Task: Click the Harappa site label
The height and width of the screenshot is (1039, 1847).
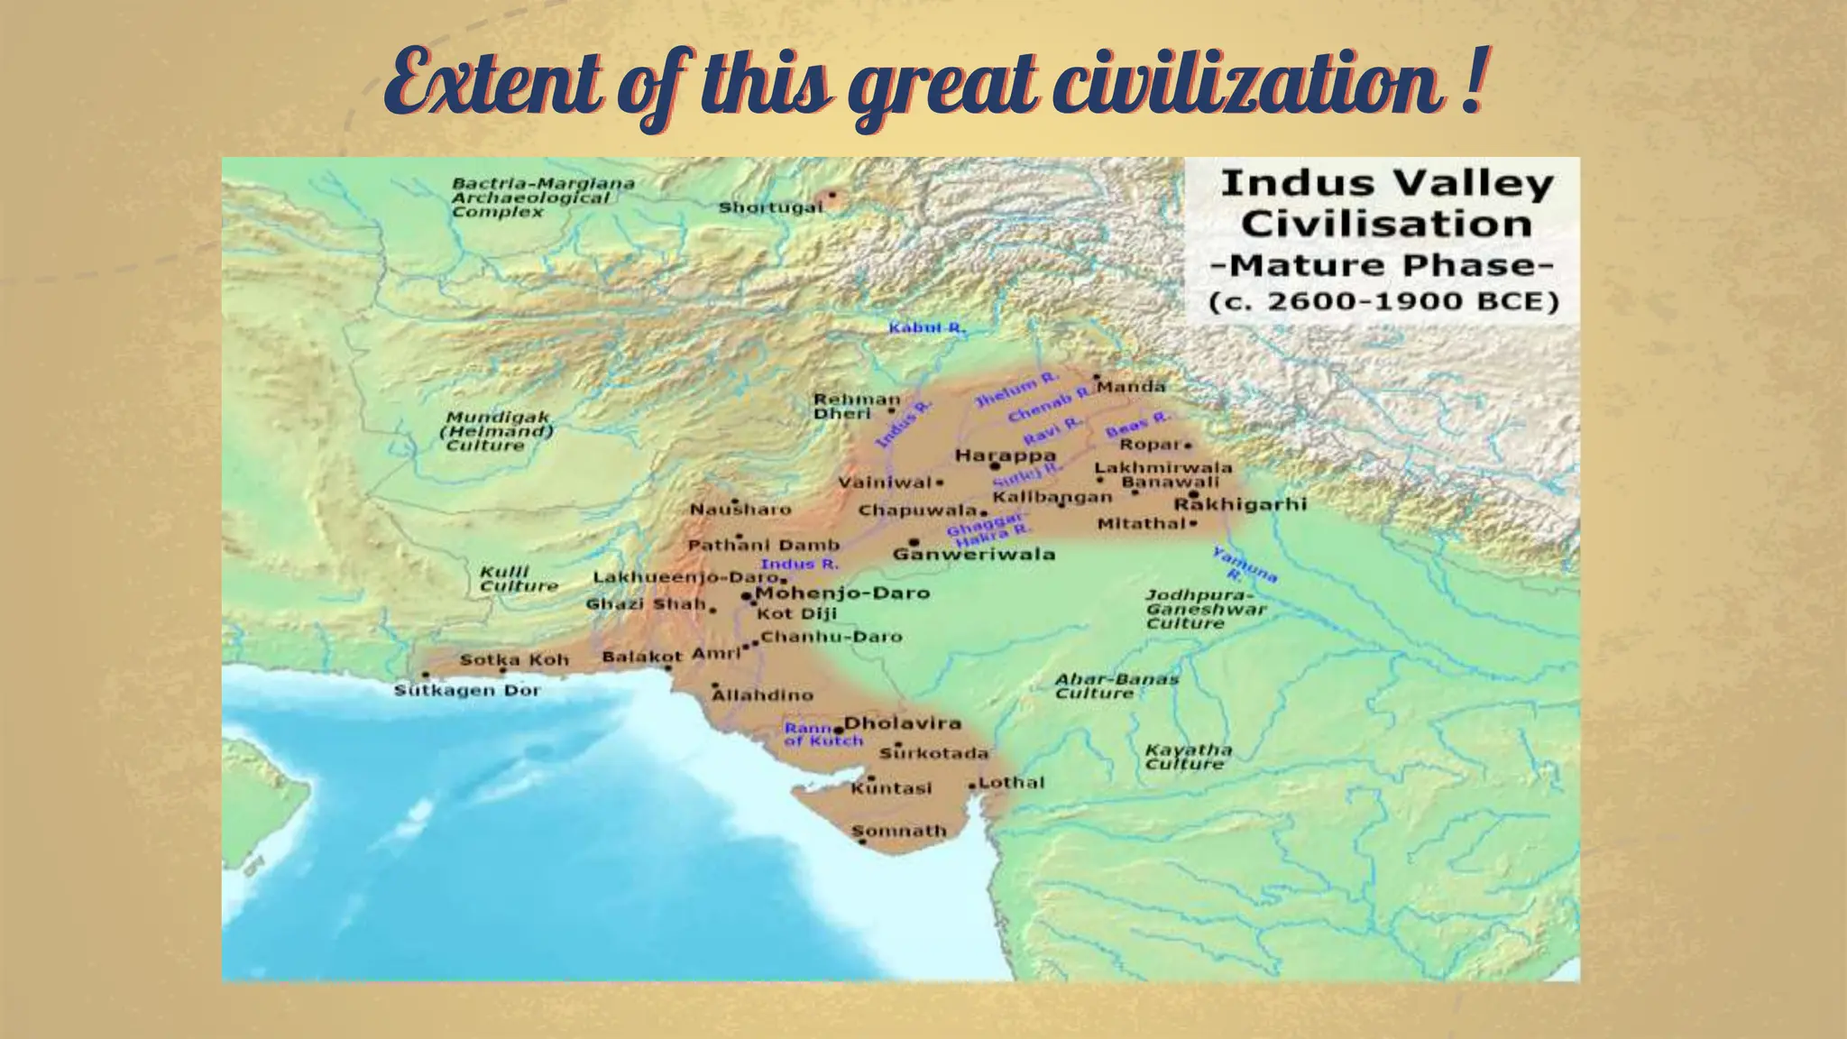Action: (x=1005, y=455)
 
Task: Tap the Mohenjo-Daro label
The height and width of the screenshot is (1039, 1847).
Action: (x=842, y=593)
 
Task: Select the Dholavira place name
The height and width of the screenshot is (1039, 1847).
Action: (x=902, y=723)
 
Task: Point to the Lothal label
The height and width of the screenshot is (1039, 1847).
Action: (x=1011, y=783)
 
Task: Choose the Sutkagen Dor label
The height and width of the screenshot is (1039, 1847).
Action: (x=467, y=691)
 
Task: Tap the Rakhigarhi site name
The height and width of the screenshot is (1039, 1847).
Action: (x=1240, y=504)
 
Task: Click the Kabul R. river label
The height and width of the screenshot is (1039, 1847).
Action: (x=926, y=327)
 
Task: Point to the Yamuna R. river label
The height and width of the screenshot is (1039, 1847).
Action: (x=1244, y=564)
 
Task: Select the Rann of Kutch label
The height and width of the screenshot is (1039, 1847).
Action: (x=822, y=734)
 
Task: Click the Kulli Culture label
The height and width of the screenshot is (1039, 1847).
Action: (x=519, y=579)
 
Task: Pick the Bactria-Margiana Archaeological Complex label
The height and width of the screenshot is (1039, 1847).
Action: (x=542, y=198)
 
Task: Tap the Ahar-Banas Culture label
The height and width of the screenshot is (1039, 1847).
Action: (x=1116, y=686)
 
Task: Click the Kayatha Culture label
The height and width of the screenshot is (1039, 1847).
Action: (x=1188, y=757)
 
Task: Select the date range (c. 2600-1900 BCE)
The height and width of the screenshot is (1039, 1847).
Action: (x=1383, y=301)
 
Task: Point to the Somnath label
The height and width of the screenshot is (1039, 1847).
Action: (x=899, y=831)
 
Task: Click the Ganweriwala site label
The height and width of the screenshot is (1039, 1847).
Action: (x=973, y=554)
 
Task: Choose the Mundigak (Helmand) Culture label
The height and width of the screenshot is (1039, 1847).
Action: (x=498, y=431)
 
